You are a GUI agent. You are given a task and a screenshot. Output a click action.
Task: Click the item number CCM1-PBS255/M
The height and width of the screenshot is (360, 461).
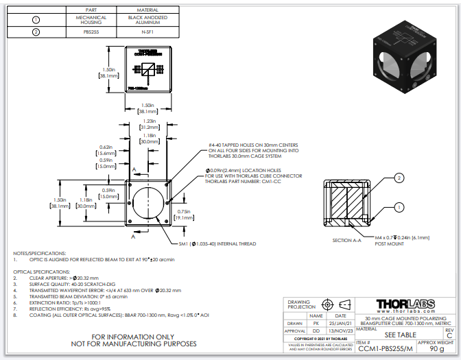[385, 348]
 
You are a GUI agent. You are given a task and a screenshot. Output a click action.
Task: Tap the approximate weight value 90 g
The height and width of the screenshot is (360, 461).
[436, 348]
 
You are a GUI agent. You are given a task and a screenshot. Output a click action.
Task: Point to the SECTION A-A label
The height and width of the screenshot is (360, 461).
[346, 240]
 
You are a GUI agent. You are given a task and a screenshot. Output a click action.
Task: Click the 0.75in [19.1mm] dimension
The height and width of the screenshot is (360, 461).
[184, 215]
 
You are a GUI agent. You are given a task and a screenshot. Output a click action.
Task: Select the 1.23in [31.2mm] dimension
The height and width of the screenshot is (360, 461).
[145, 124]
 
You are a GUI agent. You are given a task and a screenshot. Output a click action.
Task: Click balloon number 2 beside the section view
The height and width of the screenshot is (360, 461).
[398, 178]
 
